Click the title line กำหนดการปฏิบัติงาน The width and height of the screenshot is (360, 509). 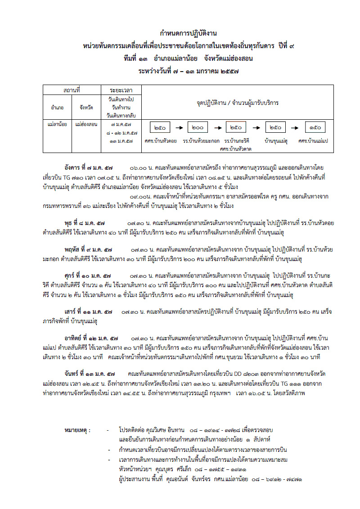click(189, 34)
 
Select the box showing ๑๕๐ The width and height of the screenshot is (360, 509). click(316, 128)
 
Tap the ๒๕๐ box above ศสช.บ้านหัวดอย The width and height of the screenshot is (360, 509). click(160, 128)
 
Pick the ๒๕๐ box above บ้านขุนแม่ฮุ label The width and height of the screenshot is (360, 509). click(276, 128)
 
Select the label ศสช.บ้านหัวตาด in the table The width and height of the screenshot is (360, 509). click(235, 148)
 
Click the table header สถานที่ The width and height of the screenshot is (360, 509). click(72, 90)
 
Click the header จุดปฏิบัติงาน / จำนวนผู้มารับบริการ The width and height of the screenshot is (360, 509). click(237, 103)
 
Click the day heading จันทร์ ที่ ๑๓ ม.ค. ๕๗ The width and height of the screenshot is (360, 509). click(90, 373)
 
